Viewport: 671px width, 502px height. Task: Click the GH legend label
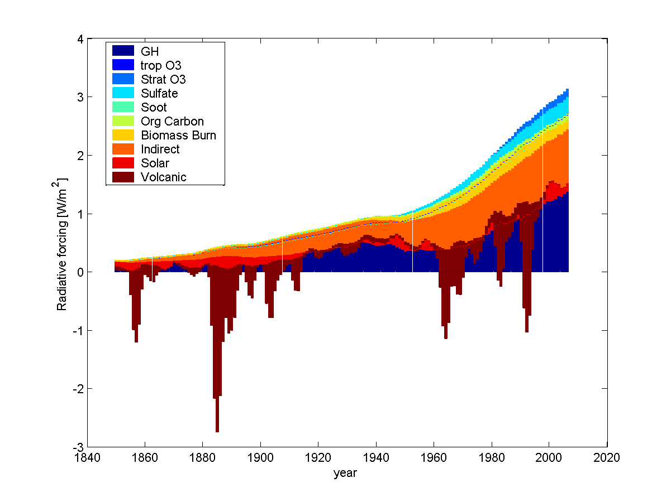tap(150, 51)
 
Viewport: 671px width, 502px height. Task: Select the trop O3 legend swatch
tap(123, 65)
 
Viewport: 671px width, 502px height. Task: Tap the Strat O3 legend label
tap(163, 79)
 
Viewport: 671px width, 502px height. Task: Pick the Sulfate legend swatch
tap(123, 93)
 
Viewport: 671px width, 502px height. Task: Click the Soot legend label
tap(154, 107)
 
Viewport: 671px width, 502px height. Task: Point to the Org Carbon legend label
tap(172, 121)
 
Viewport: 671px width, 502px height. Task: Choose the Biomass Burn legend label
tap(179, 135)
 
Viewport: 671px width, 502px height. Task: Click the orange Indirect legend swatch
tap(123, 149)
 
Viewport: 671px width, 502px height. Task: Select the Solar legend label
tap(155, 163)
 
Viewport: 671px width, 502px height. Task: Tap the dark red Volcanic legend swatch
tap(123, 177)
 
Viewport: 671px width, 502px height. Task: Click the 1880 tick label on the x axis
tap(202, 457)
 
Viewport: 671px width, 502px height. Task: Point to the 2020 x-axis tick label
tap(607, 457)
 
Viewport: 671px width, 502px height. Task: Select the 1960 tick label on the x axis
tap(434, 457)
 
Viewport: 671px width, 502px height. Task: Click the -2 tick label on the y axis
tap(78, 389)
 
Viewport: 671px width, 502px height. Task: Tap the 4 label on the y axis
tap(80, 39)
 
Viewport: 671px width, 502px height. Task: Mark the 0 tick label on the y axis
tap(80, 272)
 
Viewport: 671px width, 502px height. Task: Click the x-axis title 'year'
tap(345, 473)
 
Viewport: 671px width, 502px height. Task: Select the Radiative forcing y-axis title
tap(60, 244)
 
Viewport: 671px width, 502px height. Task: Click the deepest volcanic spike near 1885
tap(217, 432)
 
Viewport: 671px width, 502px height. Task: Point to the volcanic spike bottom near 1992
tap(527, 331)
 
